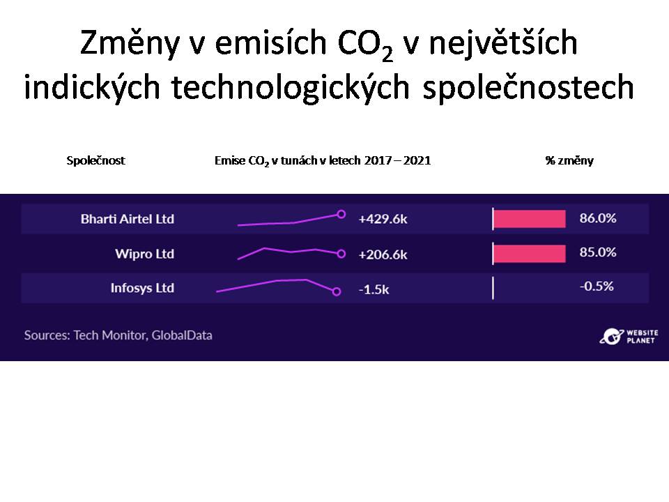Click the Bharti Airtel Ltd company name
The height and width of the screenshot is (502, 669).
pyautogui.click(x=127, y=218)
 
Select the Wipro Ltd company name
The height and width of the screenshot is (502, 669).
pyautogui.click(x=145, y=254)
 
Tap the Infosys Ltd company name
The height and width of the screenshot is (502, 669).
pyautogui.click(x=142, y=288)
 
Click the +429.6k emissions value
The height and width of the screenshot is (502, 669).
pyautogui.click(x=383, y=219)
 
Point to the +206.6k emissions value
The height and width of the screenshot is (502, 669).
pyautogui.click(x=383, y=254)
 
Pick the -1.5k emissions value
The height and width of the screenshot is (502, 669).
pyautogui.click(x=374, y=289)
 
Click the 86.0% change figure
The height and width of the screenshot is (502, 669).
pyautogui.click(x=598, y=218)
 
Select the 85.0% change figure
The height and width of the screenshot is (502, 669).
pyautogui.click(x=598, y=252)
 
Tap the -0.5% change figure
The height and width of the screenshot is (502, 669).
pyautogui.click(x=597, y=286)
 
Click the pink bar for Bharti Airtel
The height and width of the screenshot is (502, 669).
pyautogui.click(x=530, y=219)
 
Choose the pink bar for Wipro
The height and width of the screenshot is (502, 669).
pyautogui.click(x=530, y=254)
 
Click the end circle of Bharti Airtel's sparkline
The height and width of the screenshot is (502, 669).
pyautogui.click(x=341, y=214)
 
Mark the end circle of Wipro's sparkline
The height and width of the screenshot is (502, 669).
pyautogui.click(x=341, y=254)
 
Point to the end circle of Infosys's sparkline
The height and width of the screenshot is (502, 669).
pyautogui.click(x=336, y=291)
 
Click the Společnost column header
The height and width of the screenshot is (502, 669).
pyautogui.click(x=95, y=160)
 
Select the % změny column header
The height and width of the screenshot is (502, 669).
pyautogui.click(x=569, y=160)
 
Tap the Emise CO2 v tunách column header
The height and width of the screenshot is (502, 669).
pyautogui.click(x=323, y=161)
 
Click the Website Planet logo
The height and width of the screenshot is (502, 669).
pyautogui.click(x=629, y=336)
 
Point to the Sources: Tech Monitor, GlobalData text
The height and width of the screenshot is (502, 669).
pyautogui.click(x=118, y=335)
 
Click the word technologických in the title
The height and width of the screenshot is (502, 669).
pyautogui.click(x=290, y=87)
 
